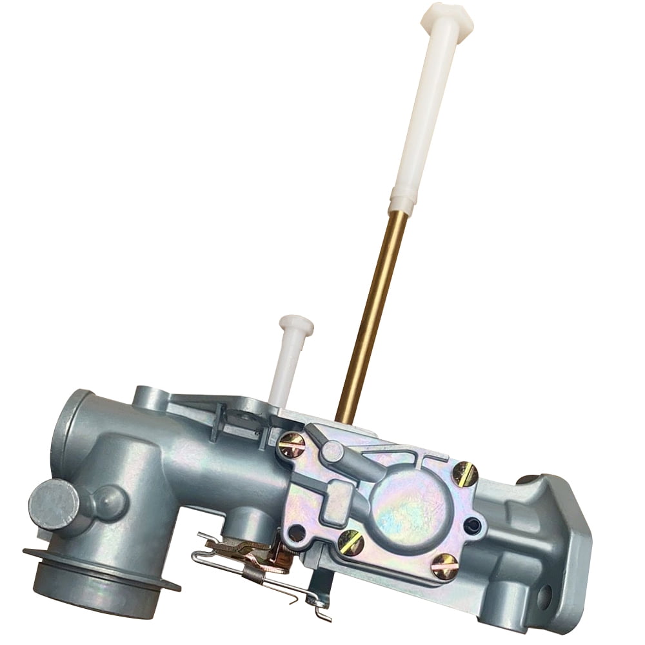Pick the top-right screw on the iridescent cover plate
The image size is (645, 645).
point(464,474)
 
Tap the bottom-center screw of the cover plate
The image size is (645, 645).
point(351,543)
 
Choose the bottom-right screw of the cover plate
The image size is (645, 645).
point(445,566)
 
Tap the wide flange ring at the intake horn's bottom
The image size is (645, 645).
point(100,571)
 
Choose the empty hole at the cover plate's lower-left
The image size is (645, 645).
point(296,533)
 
